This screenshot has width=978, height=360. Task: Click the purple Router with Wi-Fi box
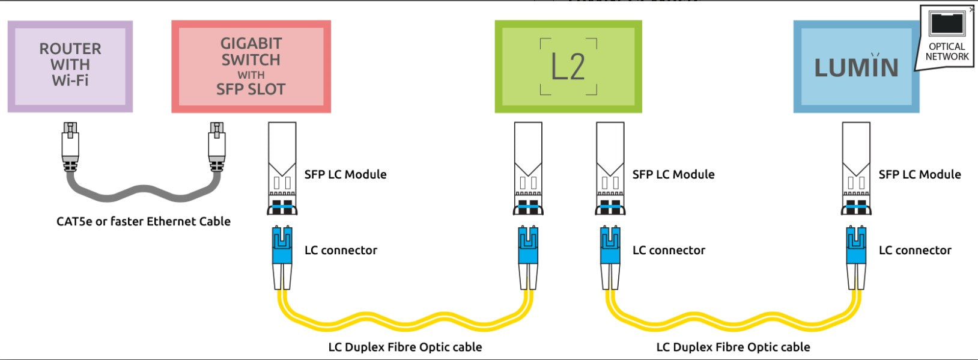[x=70, y=66]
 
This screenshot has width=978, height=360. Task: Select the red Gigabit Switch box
[x=251, y=66]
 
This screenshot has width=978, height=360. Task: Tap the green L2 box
[x=568, y=66]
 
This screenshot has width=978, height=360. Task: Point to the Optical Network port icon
[x=947, y=24]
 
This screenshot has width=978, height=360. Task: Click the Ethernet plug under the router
[x=70, y=144]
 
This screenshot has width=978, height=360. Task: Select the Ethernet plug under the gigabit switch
[x=216, y=144]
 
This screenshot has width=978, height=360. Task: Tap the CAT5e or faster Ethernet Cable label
[x=143, y=221]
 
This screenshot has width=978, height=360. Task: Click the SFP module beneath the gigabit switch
[x=282, y=168]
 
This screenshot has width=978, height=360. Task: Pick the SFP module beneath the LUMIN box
[x=856, y=168]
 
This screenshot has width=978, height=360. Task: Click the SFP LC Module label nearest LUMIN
[x=919, y=174]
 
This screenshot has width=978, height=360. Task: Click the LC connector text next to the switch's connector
[x=341, y=250]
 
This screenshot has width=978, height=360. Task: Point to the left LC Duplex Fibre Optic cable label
[x=405, y=347]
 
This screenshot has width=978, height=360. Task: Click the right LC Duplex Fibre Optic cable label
[x=733, y=347]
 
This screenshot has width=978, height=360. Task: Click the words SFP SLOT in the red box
[x=251, y=90]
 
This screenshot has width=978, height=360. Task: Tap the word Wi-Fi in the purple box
[x=70, y=81]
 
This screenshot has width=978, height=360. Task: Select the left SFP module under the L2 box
[x=528, y=168]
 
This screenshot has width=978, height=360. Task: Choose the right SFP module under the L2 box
[x=610, y=168]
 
